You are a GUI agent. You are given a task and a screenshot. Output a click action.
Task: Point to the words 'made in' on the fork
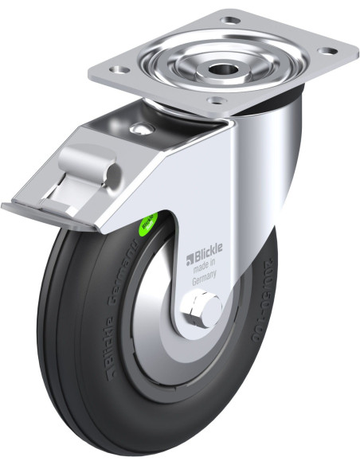[x=205, y=270]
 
